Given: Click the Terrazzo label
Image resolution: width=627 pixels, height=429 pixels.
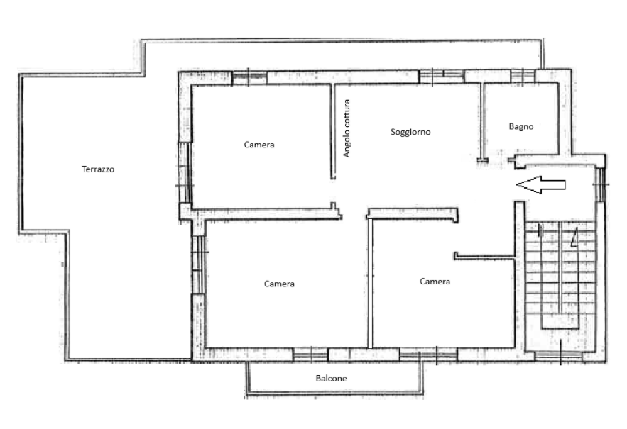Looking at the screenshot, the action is pyautogui.click(x=98, y=169).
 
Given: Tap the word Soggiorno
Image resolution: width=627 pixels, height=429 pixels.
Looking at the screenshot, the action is pyautogui.click(x=410, y=132).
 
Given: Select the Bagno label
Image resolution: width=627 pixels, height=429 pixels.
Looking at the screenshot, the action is pyautogui.click(x=521, y=127).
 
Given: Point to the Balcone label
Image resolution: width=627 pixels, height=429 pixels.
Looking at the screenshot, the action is pyautogui.click(x=331, y=378).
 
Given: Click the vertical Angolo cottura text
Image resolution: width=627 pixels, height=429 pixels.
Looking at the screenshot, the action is pyautogui.click(x=347, y=128).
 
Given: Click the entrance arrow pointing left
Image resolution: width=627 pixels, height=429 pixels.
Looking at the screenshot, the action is pyautogui.click(x=541, y=184).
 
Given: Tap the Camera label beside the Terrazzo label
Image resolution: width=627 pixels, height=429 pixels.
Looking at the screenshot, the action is pyautogui.click(x=259, y=145).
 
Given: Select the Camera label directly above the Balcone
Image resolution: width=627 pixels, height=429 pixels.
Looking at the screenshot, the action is pyautogui.click(x=279, y=284).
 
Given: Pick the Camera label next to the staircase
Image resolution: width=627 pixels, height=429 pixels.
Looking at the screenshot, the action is pyautogui.click(x=435, y=282).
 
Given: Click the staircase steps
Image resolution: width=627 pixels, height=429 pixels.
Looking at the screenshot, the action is pyautogui.click(x=560, y=275).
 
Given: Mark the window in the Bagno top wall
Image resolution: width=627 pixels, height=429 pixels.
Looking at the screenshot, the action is pyautogui.click(x=523, y=76).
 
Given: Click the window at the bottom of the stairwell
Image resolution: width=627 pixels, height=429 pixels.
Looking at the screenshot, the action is pyautogui.click(x=559, y=355).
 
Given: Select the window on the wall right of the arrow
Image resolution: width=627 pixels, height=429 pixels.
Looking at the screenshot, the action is pyautogui.click(x=601, y=184).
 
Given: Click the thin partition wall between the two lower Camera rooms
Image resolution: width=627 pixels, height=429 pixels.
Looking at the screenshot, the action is pyautogui.click(x=370, y=283).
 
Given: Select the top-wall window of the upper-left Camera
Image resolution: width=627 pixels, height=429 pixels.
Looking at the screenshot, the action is pyautogui.click(x=249, y=77).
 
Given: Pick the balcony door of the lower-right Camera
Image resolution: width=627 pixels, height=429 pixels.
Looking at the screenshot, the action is pyautogui.click(x=429, y=355).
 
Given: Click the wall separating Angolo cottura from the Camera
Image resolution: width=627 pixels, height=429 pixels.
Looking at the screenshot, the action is pyautogui.click(x=332, y=131).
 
